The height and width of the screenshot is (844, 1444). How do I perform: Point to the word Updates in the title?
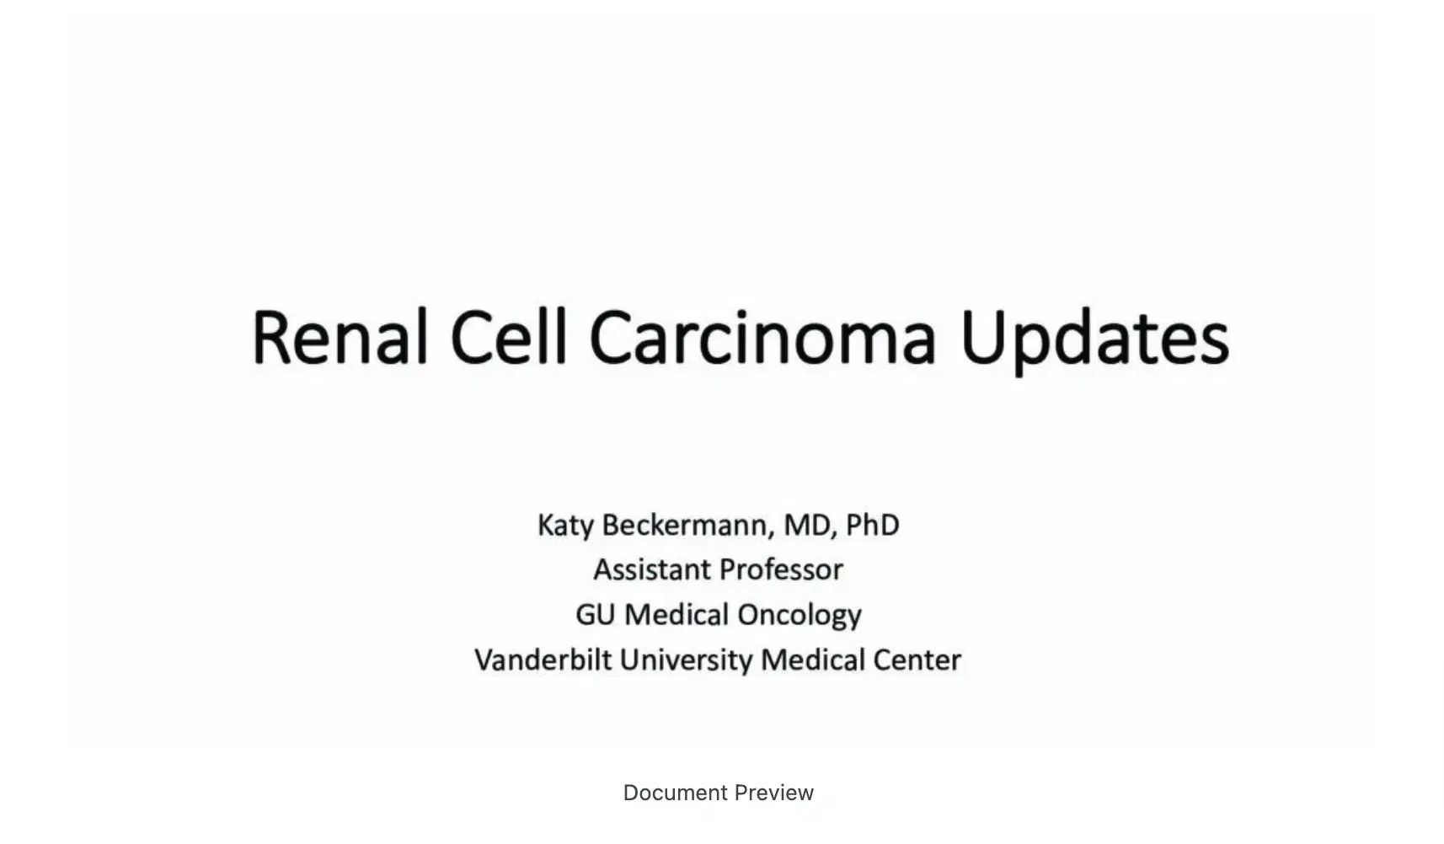(1094, 339)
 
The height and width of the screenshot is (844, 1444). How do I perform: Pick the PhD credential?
(872, 526)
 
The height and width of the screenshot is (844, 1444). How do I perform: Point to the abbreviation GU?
(595, 615)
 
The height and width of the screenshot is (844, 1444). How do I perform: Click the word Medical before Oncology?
(677, 615)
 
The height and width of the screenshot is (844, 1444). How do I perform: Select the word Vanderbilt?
(543, 660)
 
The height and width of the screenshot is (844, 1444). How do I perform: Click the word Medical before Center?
(813, 660)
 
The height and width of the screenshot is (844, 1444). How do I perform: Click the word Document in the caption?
(675, 793)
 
